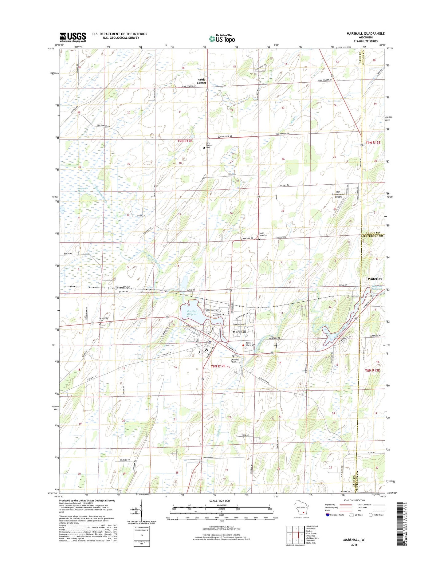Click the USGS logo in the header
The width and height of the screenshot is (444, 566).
point(73,37)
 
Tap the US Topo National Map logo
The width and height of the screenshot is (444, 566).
point(222,38)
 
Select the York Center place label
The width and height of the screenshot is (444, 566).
point(202,81)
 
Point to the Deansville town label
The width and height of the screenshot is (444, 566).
point(123,287)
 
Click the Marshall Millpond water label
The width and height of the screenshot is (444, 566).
point(192,313)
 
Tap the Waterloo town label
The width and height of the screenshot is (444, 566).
point(375,279)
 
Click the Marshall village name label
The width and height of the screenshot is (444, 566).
point(239,332)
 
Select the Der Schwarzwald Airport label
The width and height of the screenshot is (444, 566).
point(338,195)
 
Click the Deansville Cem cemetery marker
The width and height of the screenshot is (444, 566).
point(100,323)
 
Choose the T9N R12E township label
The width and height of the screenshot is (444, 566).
point(185,141)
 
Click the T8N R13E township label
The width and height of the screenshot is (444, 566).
point(372,370)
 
